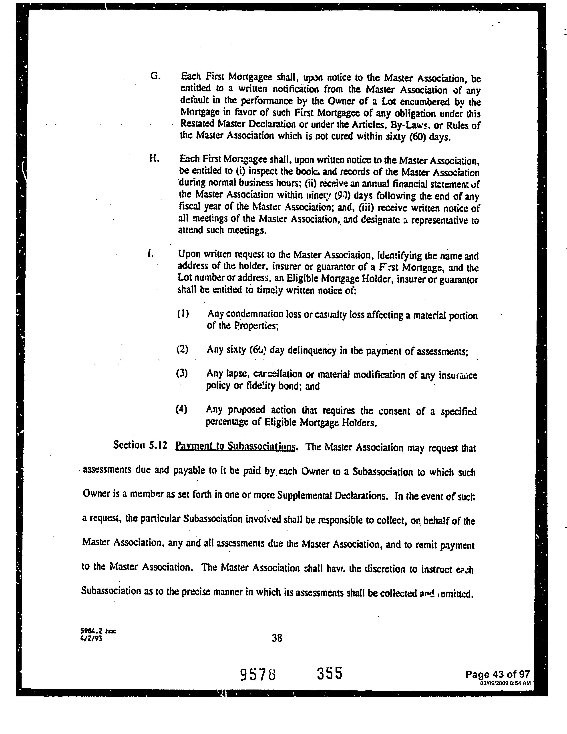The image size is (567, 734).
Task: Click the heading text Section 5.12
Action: (140, 445)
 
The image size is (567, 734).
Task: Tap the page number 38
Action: (277, 638)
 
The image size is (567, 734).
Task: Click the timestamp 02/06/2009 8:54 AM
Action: (506, 683)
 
